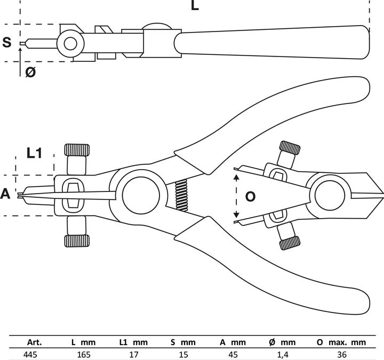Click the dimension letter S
[x=7, y=42]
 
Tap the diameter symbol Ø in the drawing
[x=30, y=72]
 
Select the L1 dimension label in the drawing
[x=34, y=154]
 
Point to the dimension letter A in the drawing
[x=5, y=194]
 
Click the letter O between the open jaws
[x=250, y=196]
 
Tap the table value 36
[x=342, y=354]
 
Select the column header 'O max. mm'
[x=341, y=342]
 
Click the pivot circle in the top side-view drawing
[x=69, y=42]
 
